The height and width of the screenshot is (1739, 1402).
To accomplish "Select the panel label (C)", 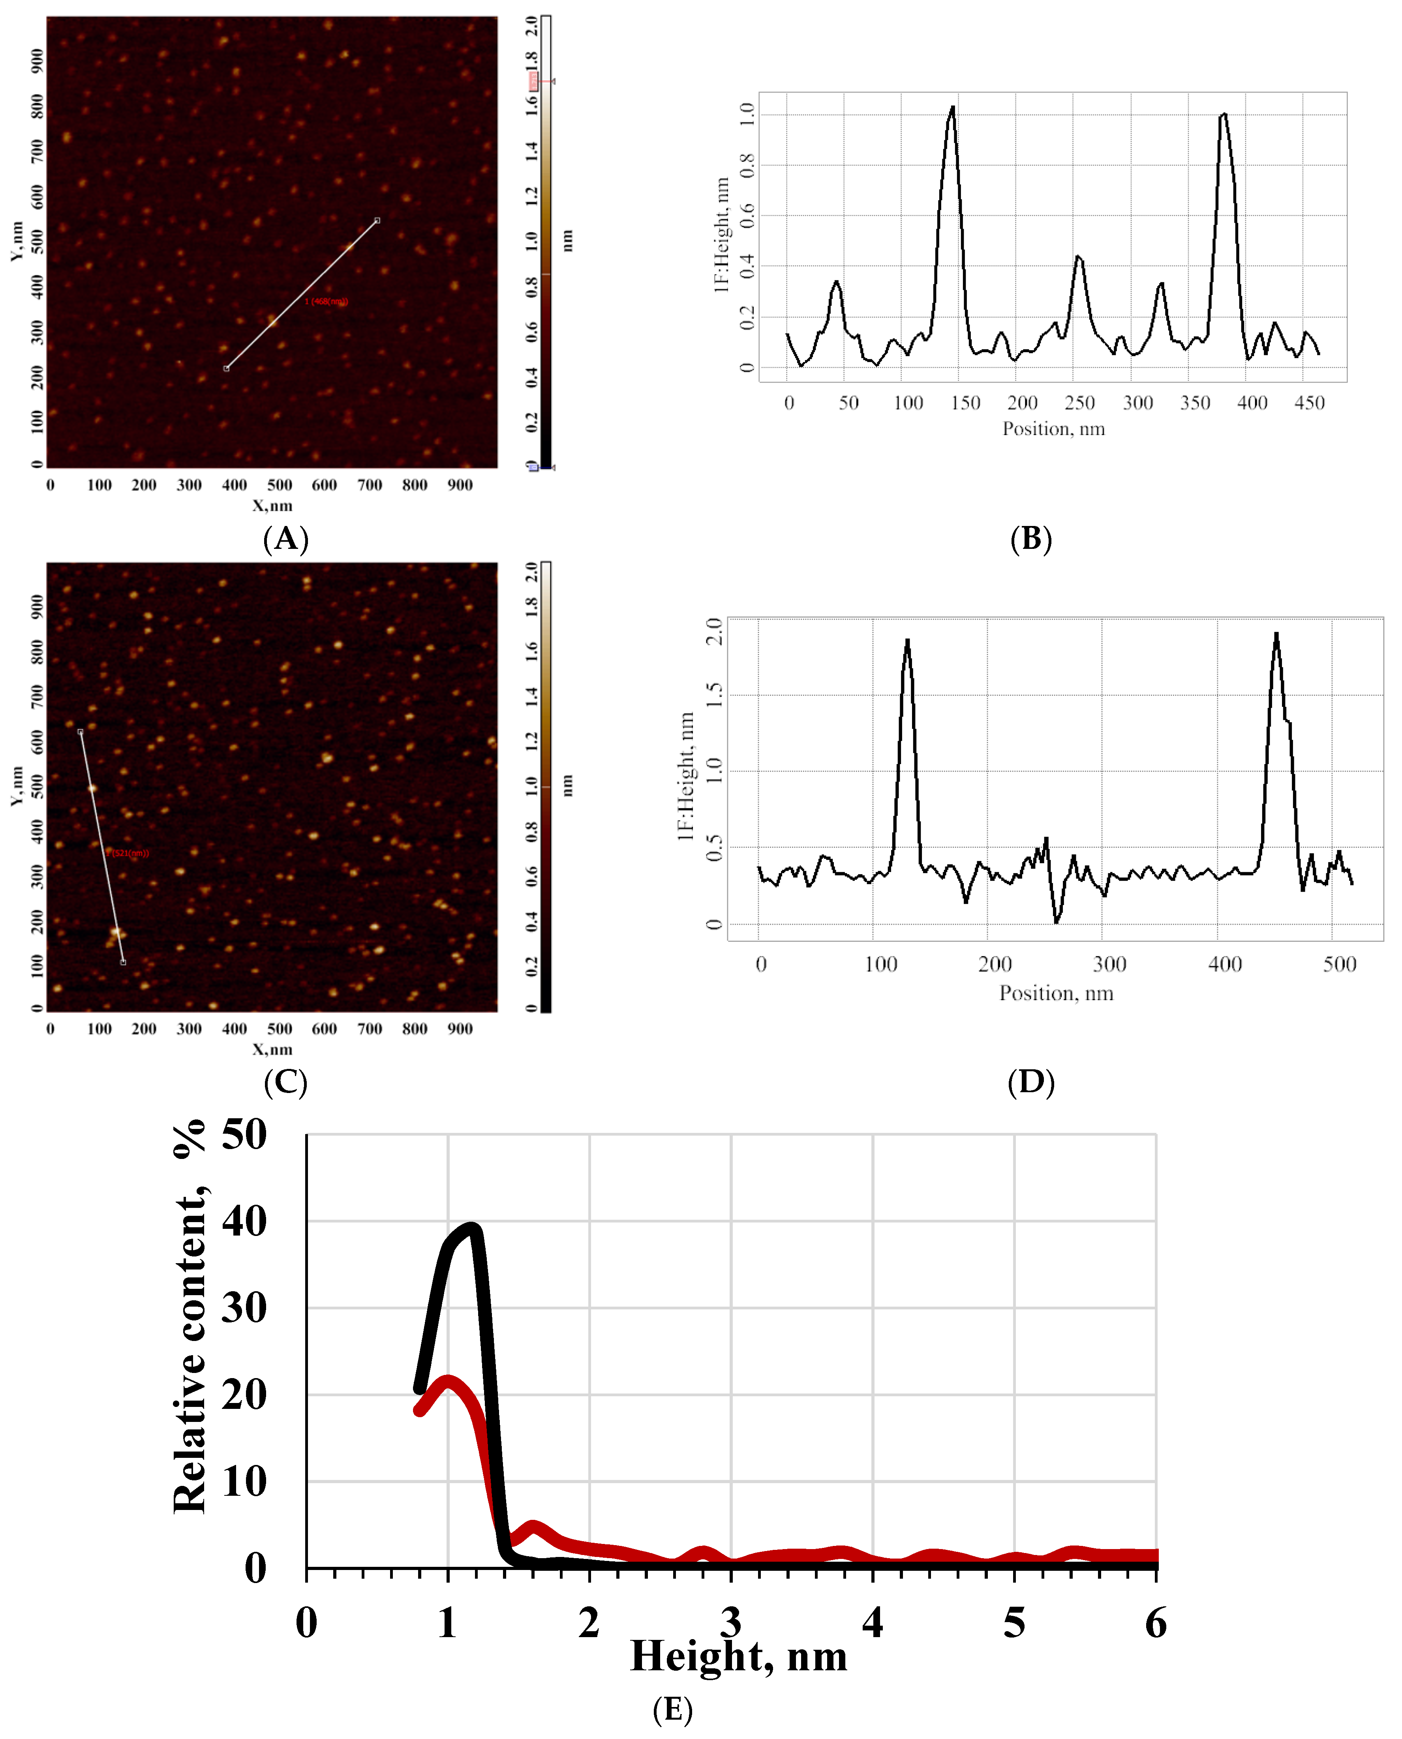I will pyautogui.click(x=286, y=1082).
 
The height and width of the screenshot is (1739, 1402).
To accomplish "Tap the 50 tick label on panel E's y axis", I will pyautogui.click(x=244, y=1135).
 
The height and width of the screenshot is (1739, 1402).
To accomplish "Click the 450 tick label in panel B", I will pyautogui.click(x=1309, y=403).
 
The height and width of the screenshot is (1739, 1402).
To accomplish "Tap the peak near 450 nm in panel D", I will pyautogui.click(x=1276, y=634).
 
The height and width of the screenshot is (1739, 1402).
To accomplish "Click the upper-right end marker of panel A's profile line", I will pyautogui.click(x=377, y=220).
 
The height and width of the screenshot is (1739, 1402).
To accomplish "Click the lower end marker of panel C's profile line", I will pyautogui.click(x=123, y=962).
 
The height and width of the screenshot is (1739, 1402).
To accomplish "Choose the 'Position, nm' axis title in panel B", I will pyautogui.click(x=1053, y=429).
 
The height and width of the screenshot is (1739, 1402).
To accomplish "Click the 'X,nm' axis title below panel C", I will pyautogui.click(x=272, y=1049).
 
